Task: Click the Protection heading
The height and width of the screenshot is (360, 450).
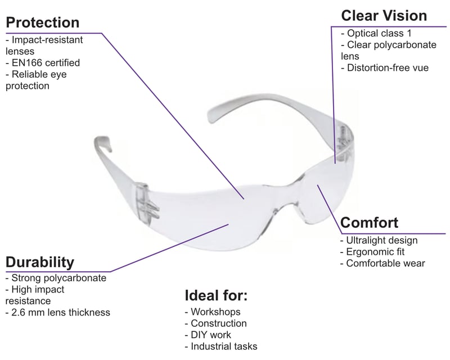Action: pos(42,23)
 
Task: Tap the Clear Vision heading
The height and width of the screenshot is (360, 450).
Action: pos(384,15)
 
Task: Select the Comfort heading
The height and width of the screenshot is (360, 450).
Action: pos(370,222)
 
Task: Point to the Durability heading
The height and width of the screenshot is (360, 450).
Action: pos(39,262)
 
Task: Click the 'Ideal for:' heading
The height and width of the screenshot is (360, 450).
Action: pos(216,295)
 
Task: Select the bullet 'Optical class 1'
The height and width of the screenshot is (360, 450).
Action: pos(379,33)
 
